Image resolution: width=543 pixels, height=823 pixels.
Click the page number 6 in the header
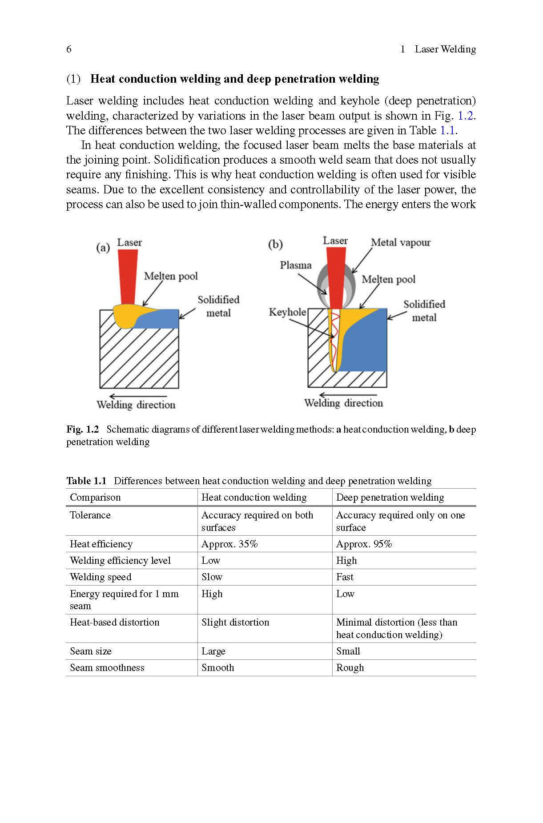[69, 49]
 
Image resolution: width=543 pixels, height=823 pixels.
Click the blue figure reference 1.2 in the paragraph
[466, 116]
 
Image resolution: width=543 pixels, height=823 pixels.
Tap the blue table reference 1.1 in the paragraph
[447, 130]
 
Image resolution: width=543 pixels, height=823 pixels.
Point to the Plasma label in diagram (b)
[296, 265]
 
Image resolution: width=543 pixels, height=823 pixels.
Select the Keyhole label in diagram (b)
[287, 312]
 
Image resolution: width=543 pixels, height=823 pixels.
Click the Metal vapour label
[401, 243]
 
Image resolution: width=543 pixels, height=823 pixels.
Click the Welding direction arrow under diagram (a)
[138, 396]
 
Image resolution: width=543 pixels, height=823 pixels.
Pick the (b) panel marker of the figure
[275, 245]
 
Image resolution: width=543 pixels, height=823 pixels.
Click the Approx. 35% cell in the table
[229, 544]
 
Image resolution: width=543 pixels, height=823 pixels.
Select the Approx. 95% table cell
[364, 544]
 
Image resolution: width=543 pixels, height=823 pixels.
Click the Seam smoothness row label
[107, 668]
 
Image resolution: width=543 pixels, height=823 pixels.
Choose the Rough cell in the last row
[350, 668]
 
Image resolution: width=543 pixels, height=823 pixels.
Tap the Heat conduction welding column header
[254, 498]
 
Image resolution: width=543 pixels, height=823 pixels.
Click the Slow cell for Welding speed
[212, 577]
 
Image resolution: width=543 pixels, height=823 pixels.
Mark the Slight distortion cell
[235, 622]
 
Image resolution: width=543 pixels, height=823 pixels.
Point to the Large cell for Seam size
[213, 651]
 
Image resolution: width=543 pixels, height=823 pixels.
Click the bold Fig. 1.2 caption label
[83, 430]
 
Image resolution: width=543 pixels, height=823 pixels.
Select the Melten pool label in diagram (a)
[171, 277]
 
